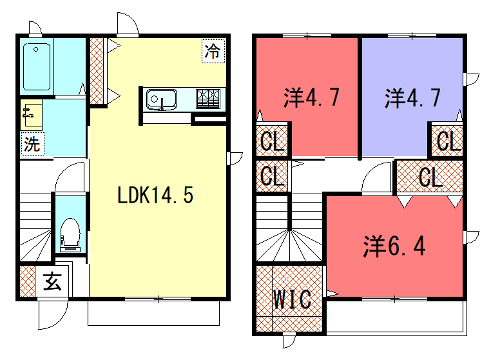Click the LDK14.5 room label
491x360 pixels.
155,195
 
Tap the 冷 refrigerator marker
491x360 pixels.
213,51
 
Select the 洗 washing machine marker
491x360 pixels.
32,144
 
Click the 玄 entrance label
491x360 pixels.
53,282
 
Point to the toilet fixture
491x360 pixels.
70,234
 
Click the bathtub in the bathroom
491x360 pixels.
37,67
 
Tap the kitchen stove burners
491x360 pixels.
208,99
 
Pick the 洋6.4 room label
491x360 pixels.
394,246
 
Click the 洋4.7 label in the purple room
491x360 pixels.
413,98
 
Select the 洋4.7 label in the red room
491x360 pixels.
312,97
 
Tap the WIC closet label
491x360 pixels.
293,299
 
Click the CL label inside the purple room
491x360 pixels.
447,141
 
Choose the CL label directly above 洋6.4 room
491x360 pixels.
430,177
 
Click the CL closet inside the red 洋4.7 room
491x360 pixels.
272,141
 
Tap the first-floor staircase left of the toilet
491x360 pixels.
36,227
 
